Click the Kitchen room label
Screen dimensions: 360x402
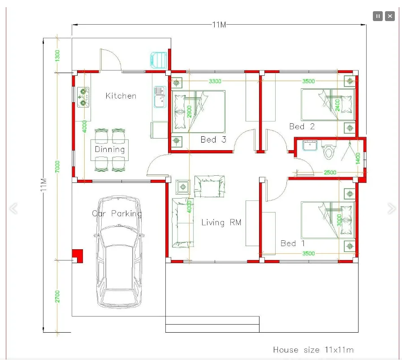[x=121, y=95]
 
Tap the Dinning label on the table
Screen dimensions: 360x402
[x=109, y=149]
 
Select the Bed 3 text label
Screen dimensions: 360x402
[x=213, y=139]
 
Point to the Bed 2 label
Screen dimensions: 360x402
[x=302, y=126]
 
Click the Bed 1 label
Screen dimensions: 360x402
[x=293, y=243]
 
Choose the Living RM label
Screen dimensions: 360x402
[x=221, y=222]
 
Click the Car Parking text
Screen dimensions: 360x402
[x=117, y=213]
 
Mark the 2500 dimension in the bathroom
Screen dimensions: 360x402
[x=330, y=172]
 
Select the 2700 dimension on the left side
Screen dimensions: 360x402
[x=57, y=296]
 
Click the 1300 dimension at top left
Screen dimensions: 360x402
[x=57, y=55]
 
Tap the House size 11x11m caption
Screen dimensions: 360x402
[x=313, y=349]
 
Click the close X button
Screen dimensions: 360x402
[x=390, y=16]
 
